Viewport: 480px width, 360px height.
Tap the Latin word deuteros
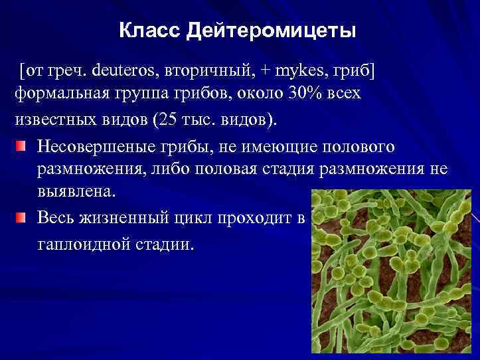coord(125,68)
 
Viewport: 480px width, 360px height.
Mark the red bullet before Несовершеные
coord(23,145)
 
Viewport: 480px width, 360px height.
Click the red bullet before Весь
coord(23,218)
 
